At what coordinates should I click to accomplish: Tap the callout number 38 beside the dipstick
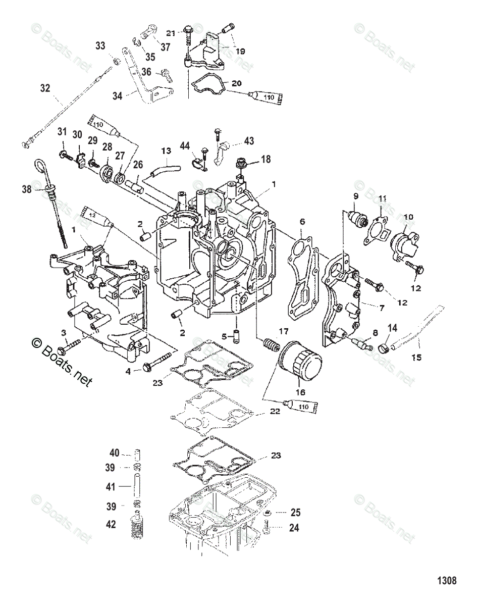click(x=27, y=190)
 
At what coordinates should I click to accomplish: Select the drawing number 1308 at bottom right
click(x=447, y=581)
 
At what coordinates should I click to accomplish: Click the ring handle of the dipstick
click(x=40, y=166)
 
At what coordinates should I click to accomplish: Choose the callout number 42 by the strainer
click(x=110, y=525)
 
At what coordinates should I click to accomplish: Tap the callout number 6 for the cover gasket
click(x=302, y=222)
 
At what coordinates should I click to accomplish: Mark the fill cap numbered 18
click(x=242, y=164)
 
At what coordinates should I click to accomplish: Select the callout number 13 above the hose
click(x=166, y=150)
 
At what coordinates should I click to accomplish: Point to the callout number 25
click(x=295, y=513)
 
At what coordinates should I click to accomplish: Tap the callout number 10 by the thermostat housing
click(x=408, y=217)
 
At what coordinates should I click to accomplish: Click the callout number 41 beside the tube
click(x=110, y=487)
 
